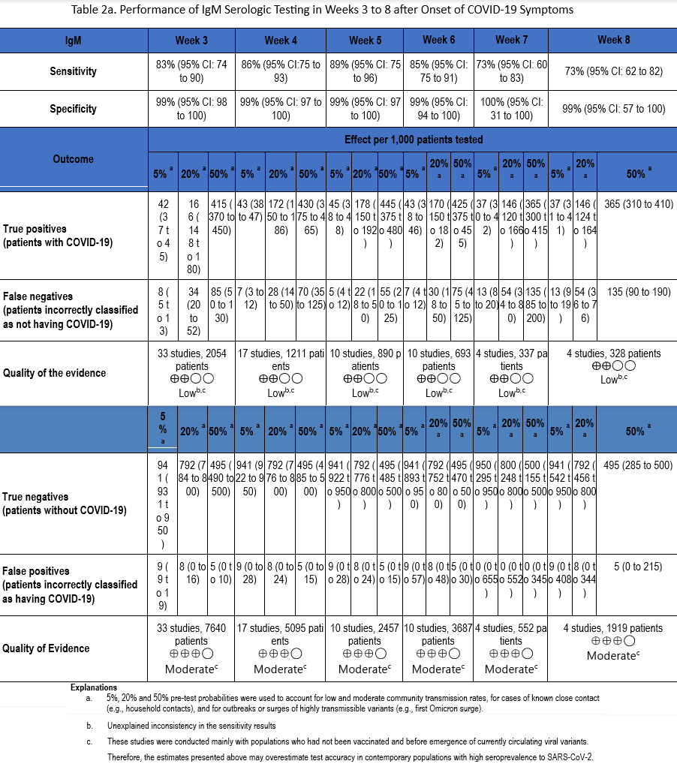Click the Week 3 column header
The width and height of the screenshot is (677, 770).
click(192, 40)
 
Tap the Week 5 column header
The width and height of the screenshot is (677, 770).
click(365, 40)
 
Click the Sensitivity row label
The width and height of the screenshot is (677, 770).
click(74, 71)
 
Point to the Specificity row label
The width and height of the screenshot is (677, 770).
click(74, 108)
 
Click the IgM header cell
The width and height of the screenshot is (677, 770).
click(74, 41)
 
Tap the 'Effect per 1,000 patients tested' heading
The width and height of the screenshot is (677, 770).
click(414, 140)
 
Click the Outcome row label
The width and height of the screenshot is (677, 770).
click(74, 159)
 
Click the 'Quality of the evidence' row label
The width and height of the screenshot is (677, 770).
click(55, 373)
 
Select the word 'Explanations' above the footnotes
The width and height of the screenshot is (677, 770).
click(94, 687)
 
